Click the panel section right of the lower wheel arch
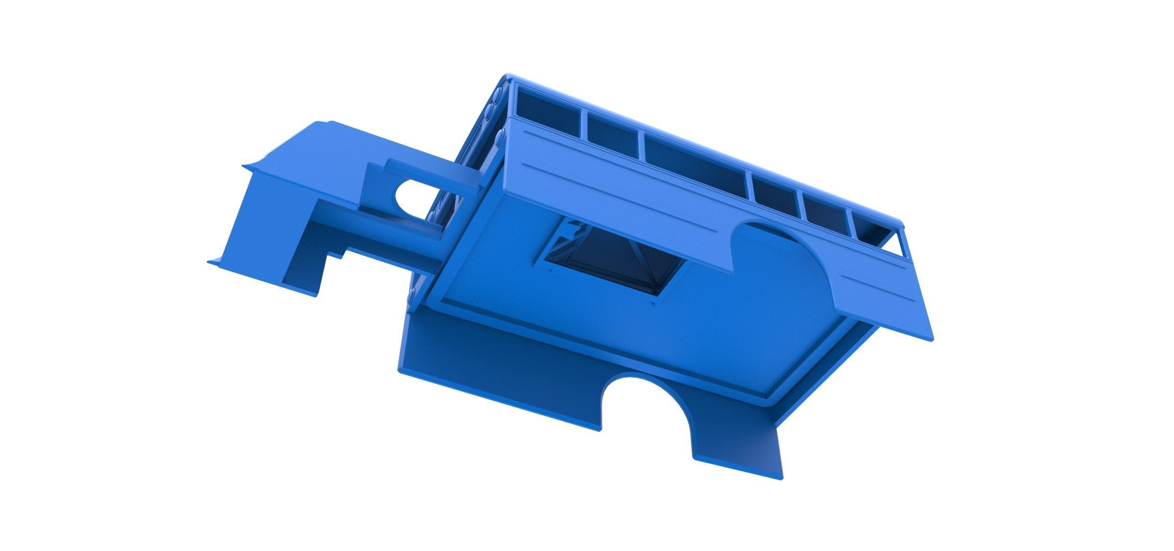737,451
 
